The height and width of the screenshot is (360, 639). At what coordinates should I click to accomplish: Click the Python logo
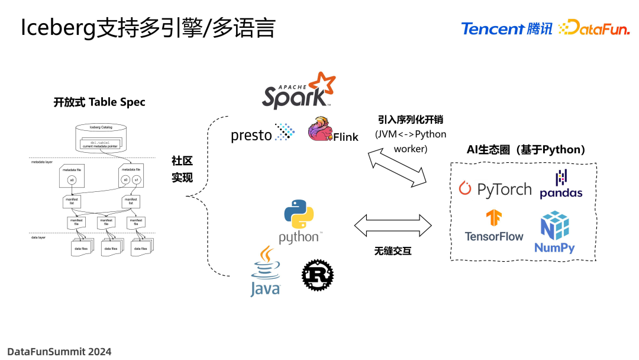(299, 221)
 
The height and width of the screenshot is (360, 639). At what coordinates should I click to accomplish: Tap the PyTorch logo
(496, 189)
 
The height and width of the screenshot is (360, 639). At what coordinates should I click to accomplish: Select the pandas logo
(560, 184)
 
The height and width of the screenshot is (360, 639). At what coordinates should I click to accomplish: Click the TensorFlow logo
(494, 226)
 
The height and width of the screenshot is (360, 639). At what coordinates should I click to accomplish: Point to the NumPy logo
(554, 232)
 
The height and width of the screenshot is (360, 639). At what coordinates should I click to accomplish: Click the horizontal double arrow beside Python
(393, 226)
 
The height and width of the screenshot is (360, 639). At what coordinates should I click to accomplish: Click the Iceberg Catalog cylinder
(101, 137)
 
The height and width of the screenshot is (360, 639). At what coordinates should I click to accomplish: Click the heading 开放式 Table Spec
(99, 102)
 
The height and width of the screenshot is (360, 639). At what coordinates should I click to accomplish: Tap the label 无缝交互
(392, 251)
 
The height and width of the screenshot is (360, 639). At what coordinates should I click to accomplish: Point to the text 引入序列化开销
(411, 120)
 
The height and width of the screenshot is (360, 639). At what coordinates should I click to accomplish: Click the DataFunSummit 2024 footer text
(59, 351)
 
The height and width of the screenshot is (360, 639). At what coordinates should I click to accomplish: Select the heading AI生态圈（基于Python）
(525, 150)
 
